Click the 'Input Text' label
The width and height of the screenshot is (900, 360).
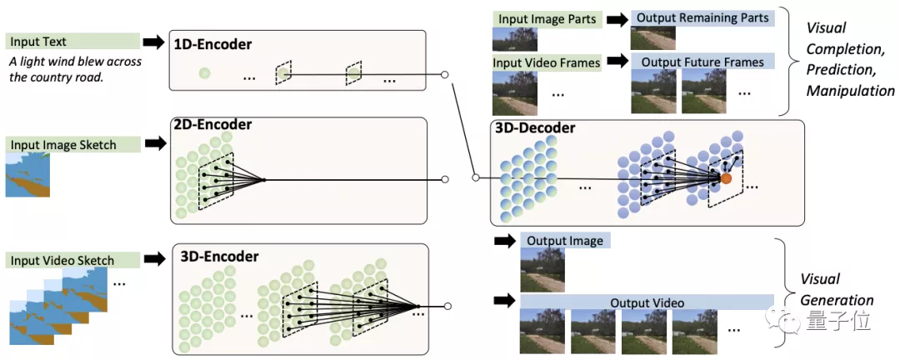click(38, 42)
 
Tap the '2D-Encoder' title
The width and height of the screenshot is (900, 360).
click(212, 125)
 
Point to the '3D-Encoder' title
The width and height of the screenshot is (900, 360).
click(219, 256)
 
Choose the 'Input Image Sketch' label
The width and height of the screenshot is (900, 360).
click(63, 145)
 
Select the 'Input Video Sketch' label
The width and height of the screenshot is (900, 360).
click(62, 260)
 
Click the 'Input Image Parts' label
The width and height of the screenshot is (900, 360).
click(546, 18)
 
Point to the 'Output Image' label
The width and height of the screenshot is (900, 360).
click(564, 241)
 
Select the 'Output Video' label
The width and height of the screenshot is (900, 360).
click(647, 302)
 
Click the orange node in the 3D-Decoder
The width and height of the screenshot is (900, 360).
click(726, 177)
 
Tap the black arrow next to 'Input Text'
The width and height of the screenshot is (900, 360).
click(154, 42)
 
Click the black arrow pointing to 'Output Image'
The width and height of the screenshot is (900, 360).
click(504, 241)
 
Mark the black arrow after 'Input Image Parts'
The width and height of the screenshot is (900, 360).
click(617, 18)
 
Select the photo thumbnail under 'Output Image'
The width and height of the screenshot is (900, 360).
click(542, 267)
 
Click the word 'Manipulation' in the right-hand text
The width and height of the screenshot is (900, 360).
click(850, 90)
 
